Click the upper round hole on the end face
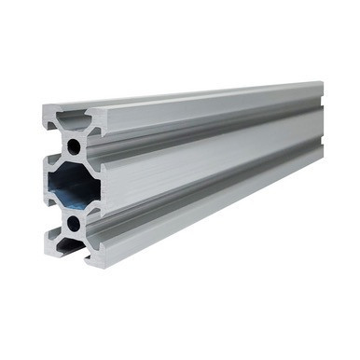point(74,146)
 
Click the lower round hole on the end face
point(74,223)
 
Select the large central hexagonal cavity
point(72,185)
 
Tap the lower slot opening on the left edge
point(48,213)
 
